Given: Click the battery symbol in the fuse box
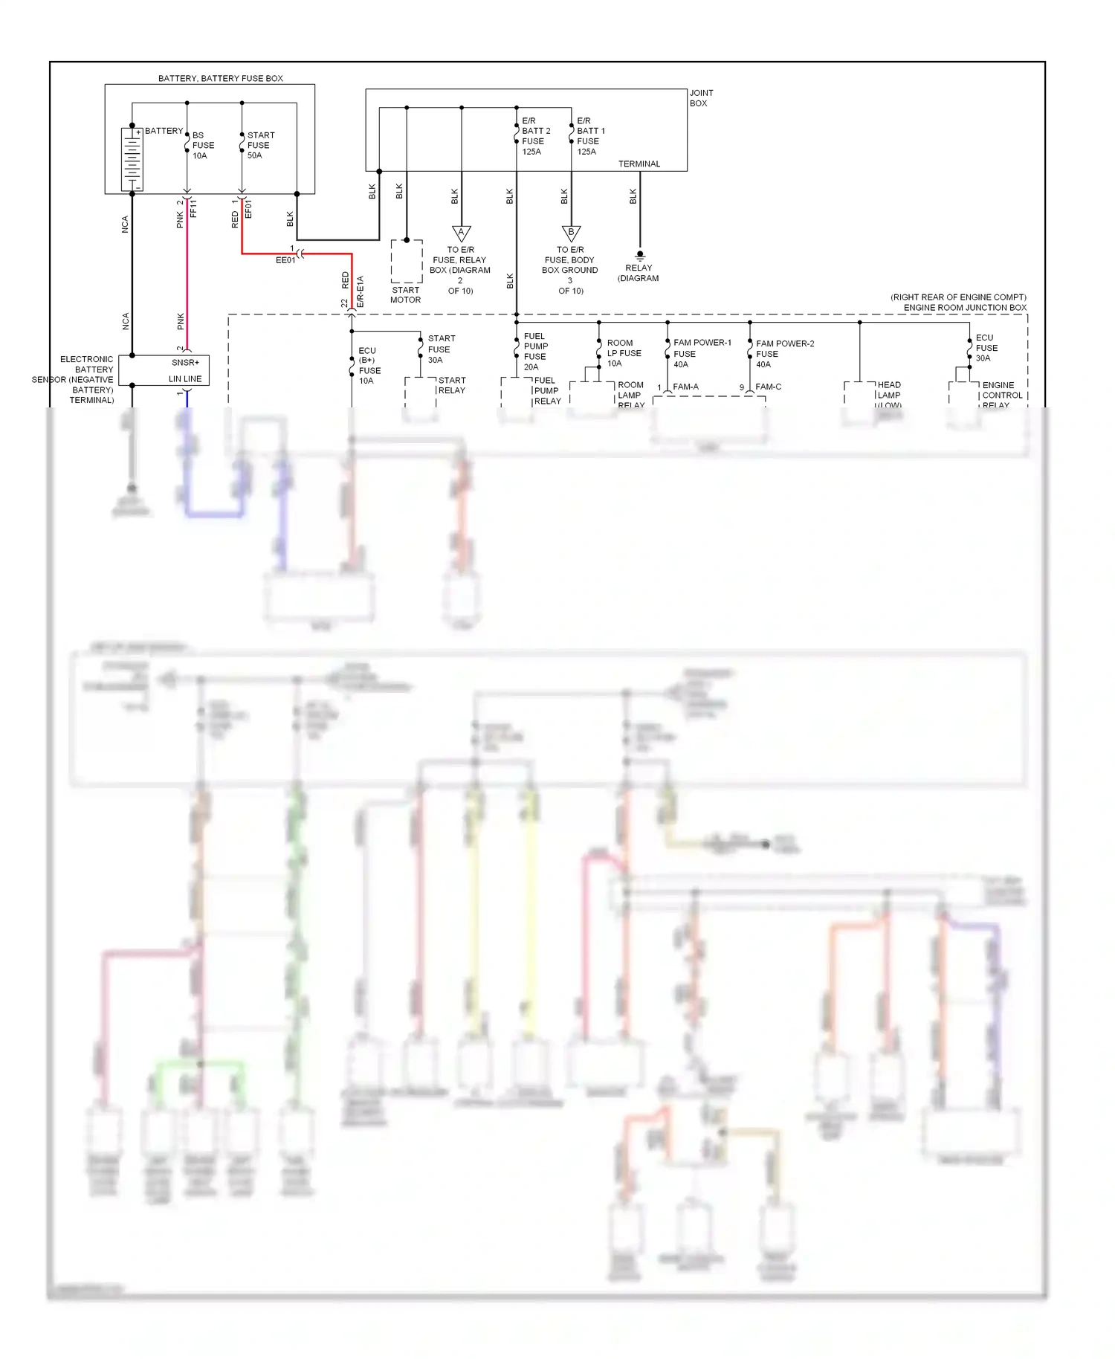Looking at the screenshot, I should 132,159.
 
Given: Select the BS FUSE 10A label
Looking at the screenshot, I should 202,146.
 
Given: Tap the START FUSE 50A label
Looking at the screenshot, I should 260,146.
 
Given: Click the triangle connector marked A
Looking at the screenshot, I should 462,233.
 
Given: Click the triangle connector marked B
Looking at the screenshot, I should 571,233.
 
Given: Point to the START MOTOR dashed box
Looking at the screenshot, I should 407,261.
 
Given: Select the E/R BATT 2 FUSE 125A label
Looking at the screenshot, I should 535,136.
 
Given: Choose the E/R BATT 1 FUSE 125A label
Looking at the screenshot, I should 590,136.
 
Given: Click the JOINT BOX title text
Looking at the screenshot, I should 700,98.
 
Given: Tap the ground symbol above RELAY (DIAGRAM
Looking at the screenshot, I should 640,256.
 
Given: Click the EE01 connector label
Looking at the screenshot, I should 285,261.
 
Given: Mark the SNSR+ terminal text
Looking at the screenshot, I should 185,363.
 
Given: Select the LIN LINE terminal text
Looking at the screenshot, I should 185,379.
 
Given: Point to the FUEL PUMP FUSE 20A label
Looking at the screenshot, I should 535,352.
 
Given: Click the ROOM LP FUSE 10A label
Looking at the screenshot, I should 623,353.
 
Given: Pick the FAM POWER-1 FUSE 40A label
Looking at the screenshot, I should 701,353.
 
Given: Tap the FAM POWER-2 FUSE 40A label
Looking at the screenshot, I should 783,354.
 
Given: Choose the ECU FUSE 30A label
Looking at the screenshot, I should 986,348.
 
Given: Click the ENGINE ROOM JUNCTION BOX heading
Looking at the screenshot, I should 964,308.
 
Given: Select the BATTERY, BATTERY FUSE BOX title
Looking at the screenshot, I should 220,79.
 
